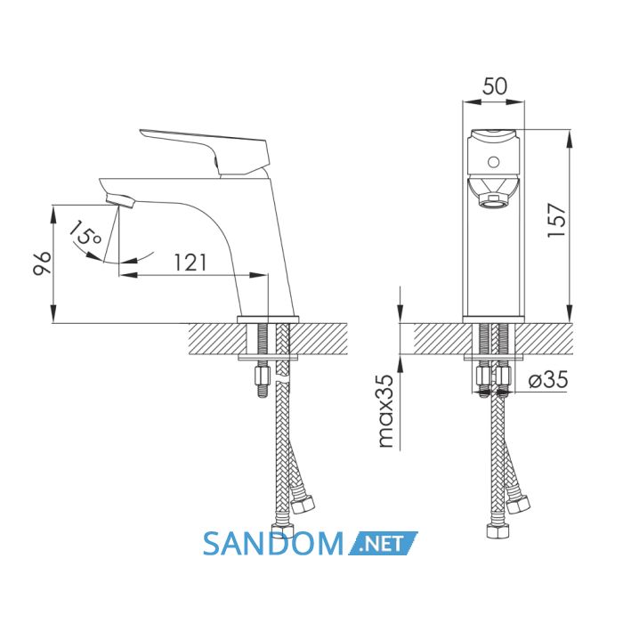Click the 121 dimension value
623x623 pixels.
[190, 263]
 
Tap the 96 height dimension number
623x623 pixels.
[42, 263]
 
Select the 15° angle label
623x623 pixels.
[85, 232]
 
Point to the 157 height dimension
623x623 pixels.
[555, 221]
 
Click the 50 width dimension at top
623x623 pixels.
[495, 85]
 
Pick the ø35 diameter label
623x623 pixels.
[548, 380]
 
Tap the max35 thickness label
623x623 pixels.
[385, 410]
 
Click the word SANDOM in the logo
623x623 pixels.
[273, 544]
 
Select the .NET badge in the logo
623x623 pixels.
[383, 543]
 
